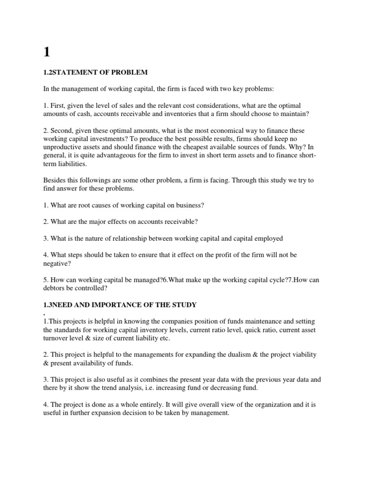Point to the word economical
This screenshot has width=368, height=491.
point(218,130)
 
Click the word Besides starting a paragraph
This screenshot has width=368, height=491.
point(55,180)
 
